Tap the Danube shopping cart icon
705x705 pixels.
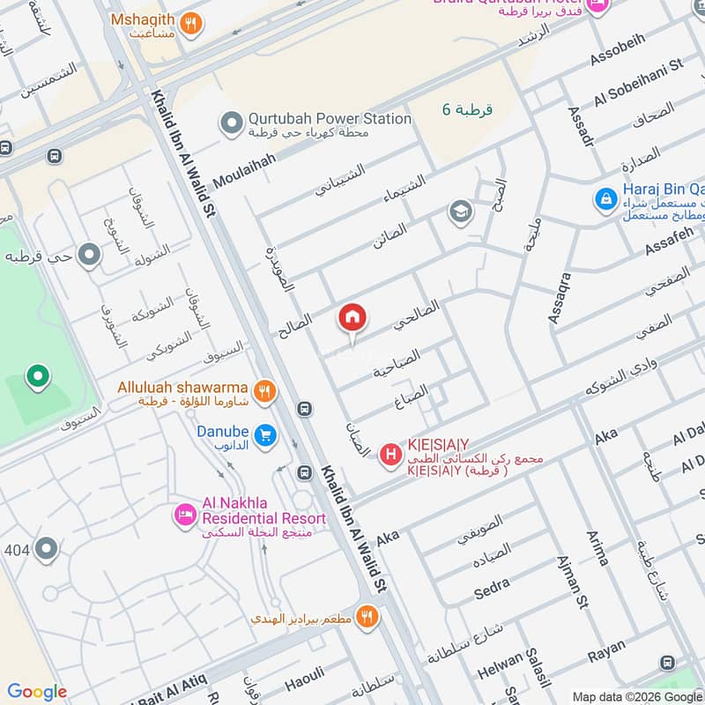pos(263,434)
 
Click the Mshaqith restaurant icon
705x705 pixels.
pos(190,24)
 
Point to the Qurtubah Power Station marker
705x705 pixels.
pos(231,123)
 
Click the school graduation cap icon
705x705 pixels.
pos(459,211)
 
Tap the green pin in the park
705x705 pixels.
pos(37,378)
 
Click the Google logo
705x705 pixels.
pos(37,692)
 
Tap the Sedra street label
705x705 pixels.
pos(493,587)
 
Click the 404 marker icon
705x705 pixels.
pos(46,550)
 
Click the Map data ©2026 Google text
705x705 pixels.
pos(636,695)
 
